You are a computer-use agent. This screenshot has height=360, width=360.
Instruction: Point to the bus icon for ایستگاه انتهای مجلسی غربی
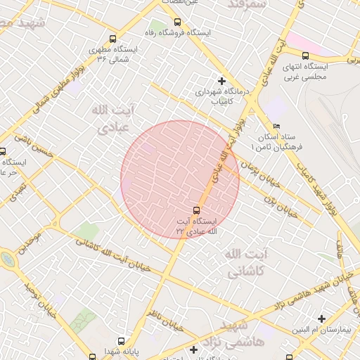pyautogui.click(x=304, y=56)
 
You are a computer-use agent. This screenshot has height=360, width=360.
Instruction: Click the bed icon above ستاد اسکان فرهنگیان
pyautogui.click(x=276, y=127)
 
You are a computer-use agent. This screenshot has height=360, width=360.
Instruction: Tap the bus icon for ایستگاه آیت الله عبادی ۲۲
pyautogui.click(x=196, y=210)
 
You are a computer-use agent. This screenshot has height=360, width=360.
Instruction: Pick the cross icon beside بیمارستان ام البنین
pyautogui.click(x=322, y=319)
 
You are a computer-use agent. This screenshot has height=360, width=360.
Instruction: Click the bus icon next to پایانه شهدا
pyautogui.click(x=92, y=356)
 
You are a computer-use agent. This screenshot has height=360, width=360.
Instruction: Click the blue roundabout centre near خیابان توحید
pyautogui.click(x=8, y=259)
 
